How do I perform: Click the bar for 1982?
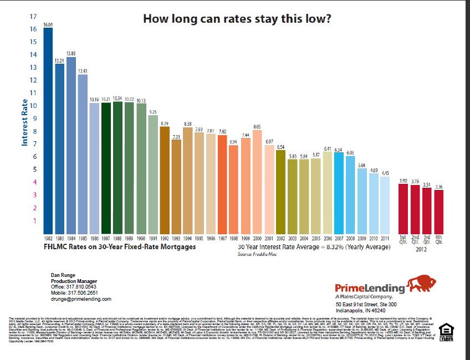click(48, 130)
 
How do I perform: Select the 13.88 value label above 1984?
click(71, 53)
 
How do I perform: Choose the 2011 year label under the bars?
click(385, 238)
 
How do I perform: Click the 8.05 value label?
click(257, 127)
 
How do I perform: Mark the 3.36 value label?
click(439, 187)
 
